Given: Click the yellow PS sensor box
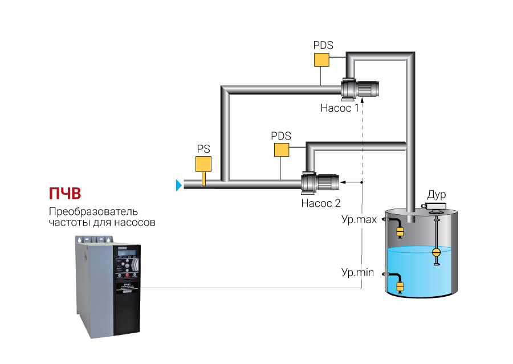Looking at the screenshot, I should [x=203, y=164].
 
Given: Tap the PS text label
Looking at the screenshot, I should [x=203, y=149].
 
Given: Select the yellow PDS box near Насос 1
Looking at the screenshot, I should [x=322, y=60].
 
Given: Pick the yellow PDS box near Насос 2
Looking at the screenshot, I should [x=281, y=150].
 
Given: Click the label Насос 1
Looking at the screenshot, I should [x=339, y=108].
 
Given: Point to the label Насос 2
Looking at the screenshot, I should [x=320, y=202].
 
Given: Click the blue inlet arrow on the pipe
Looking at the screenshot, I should [x=178, y=185].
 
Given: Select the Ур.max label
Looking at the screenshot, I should [x=359, y=219].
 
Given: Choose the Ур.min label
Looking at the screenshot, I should [x=357, y=273].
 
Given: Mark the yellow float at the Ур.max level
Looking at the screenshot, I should [x=400, y=231].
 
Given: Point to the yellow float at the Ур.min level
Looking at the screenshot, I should [x=400, y=287].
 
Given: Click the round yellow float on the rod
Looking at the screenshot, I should [x=437, y=252].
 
